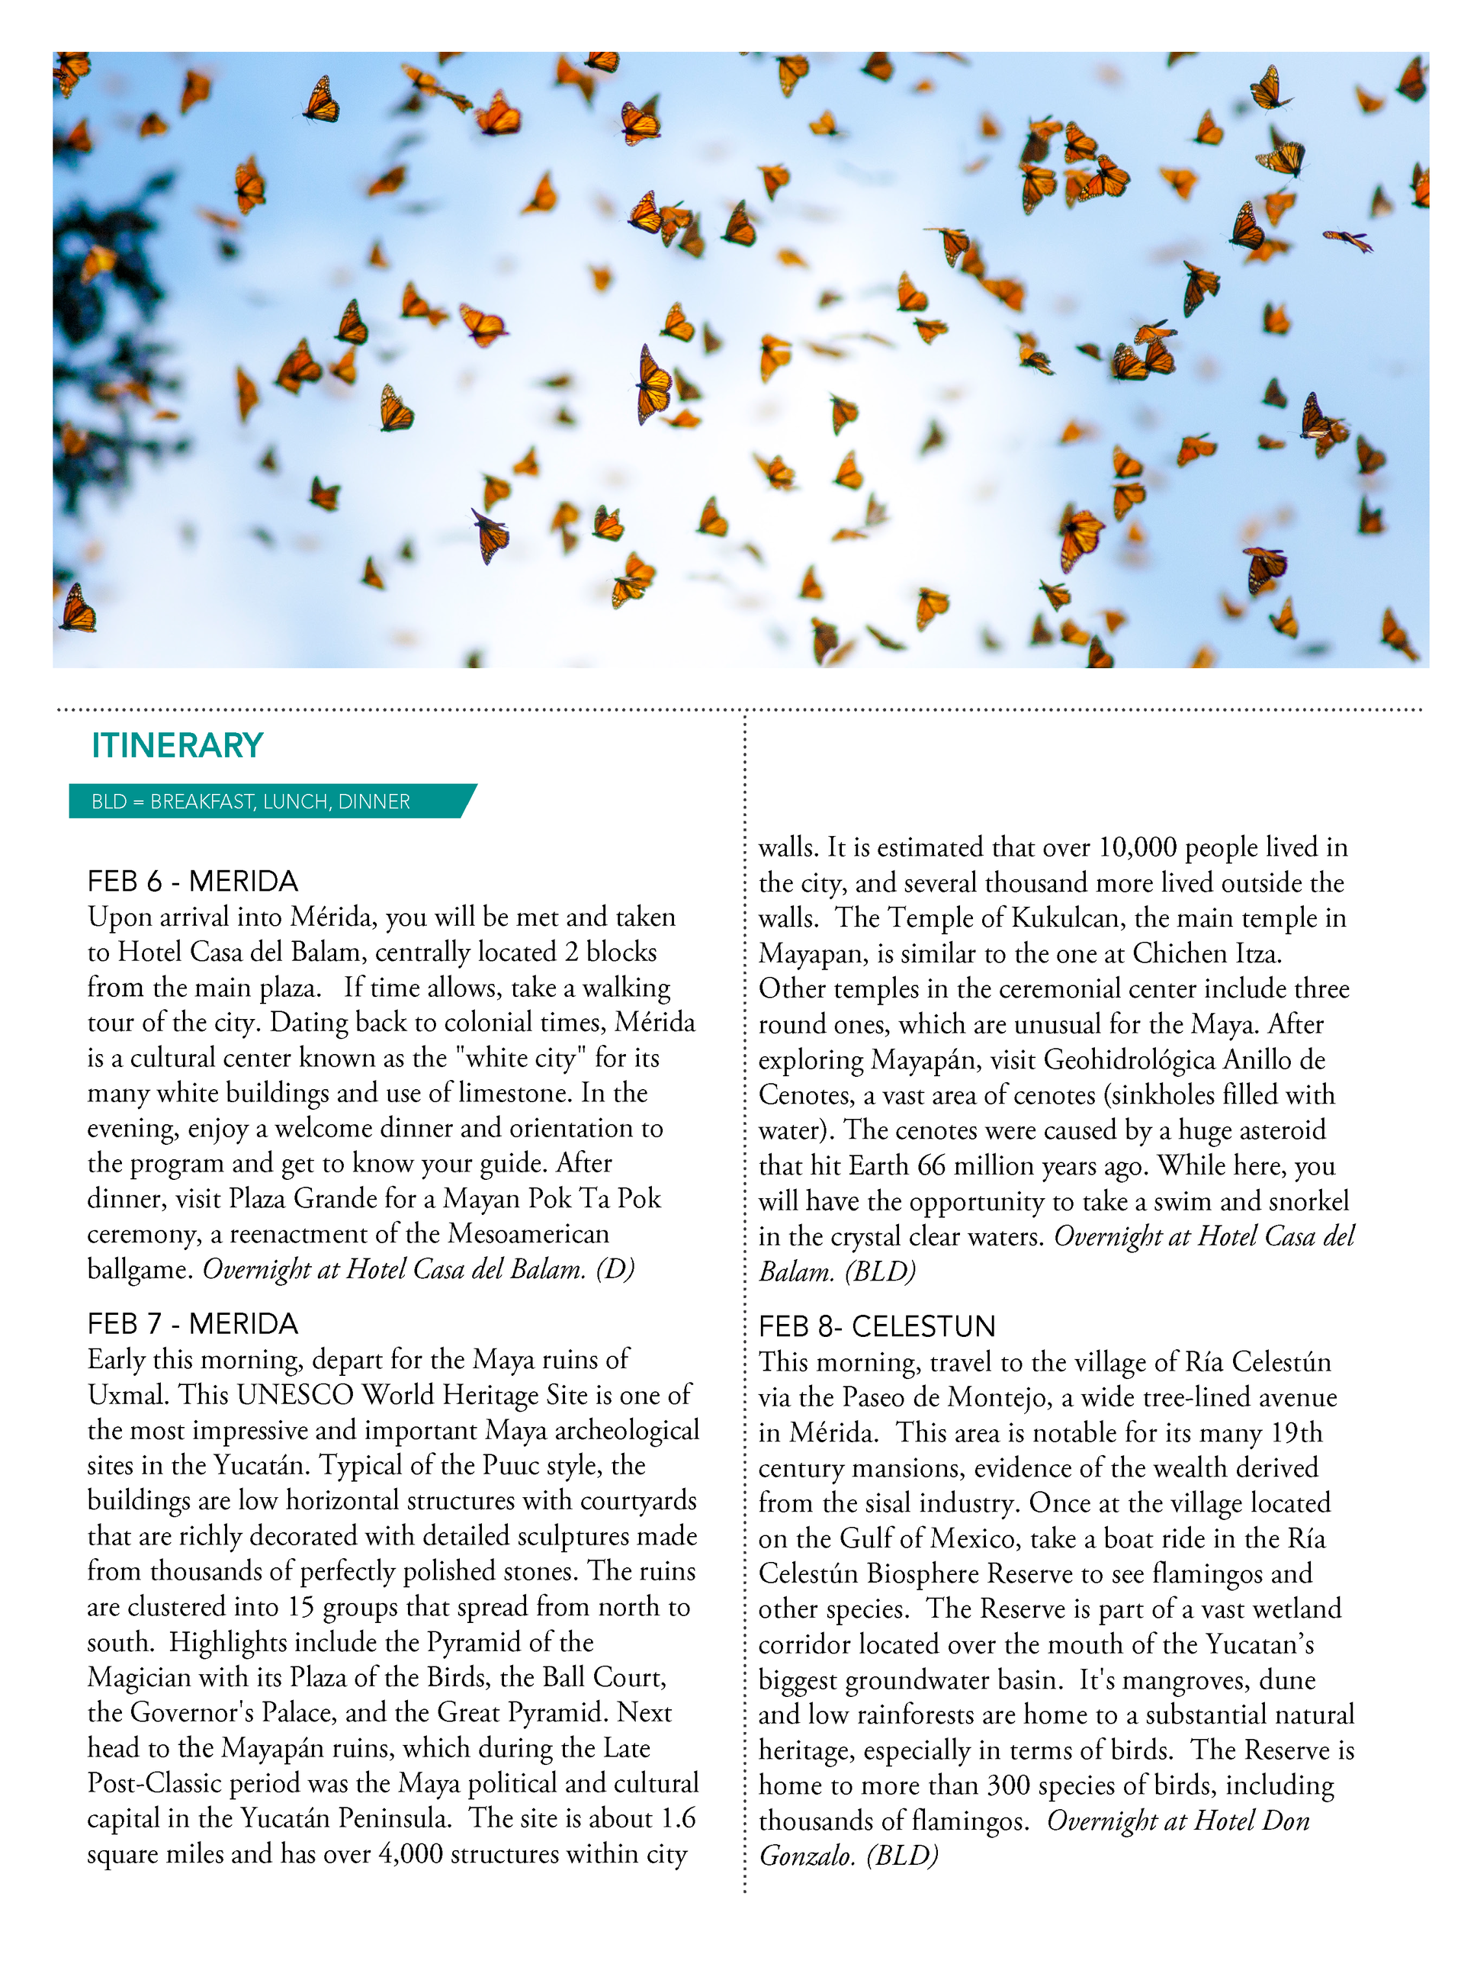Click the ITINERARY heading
(x=177, y=746)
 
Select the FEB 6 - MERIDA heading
(x=192, y=882)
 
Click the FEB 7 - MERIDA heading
(x=192, y=1324)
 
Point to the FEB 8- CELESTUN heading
(x=876, y=1327)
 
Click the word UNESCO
(x=294, y=1395)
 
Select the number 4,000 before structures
(x=410, y=1853)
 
